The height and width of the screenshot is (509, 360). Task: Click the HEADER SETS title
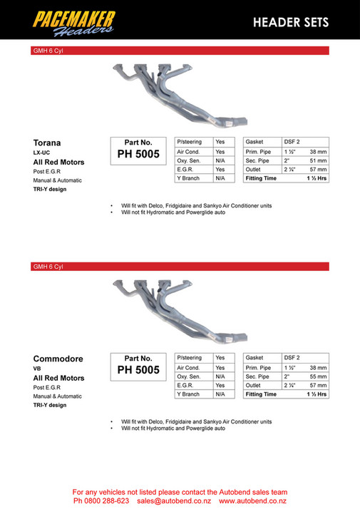[x=291, y=23]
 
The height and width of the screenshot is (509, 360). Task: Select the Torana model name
[x=47, y=142]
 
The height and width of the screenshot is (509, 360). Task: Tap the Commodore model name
[x=57, y=359]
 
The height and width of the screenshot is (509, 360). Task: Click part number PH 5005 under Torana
[x=139, y=153]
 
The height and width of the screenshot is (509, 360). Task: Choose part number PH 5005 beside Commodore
[x=139, y=369]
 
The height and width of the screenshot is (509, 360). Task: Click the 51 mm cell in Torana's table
[x=318, y=160]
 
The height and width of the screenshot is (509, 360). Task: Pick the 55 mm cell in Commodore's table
[x=318, y=376]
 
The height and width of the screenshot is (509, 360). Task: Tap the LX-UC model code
[x=42, y=153]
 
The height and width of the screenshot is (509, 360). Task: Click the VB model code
[x=37, y=369]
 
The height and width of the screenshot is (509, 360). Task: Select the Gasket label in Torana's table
[x=254, y=142]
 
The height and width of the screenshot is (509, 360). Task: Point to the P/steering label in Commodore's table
[x=190, y=357]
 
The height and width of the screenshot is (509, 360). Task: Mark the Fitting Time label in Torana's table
[x=261, y=178]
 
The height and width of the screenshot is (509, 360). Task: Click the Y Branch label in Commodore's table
[x=188, y=394]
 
